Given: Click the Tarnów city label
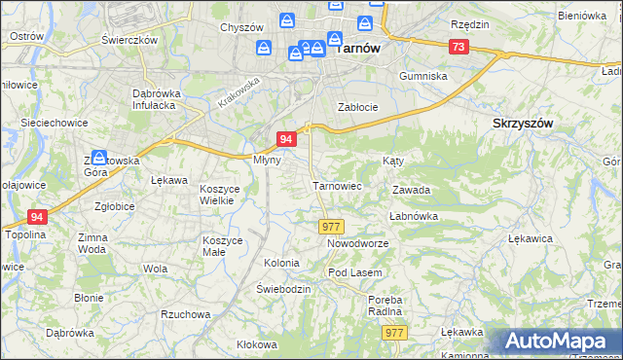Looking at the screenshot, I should [356, 47].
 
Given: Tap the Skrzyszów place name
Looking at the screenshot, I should [523, 124].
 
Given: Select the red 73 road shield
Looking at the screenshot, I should [458, 47].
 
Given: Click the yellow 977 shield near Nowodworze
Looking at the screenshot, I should [330, 226].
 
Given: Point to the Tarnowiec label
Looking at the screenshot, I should [337, 185].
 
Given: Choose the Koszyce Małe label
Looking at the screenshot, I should [228, 245].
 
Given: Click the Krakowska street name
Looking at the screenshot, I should [240, 91].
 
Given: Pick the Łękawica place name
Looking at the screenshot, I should [531, 237].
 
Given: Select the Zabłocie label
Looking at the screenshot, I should [356, 107].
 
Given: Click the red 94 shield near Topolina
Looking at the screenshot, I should [37, 217].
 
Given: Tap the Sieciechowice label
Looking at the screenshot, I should [55, 124].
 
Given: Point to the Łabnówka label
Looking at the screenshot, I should [415, 216].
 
